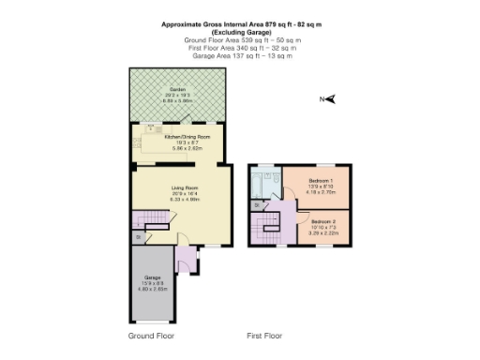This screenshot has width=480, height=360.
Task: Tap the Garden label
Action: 177,89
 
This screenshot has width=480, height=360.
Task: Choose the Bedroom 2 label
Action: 323,221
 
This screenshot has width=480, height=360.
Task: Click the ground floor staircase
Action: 150,220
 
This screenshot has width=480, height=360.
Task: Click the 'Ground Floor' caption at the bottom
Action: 151,335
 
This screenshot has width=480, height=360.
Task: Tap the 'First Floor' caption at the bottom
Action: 264,335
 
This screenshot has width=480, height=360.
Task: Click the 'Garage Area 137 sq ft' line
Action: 242,56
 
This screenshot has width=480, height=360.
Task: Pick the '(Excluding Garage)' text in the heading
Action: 242,33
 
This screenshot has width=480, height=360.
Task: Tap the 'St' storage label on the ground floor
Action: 138,237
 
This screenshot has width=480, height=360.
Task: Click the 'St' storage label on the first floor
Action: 256,203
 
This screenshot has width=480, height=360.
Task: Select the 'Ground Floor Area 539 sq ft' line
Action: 242,41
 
